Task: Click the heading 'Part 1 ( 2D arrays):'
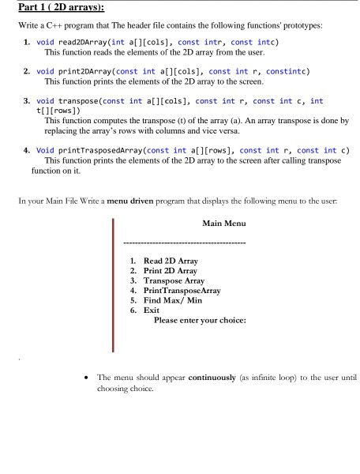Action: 49,9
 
